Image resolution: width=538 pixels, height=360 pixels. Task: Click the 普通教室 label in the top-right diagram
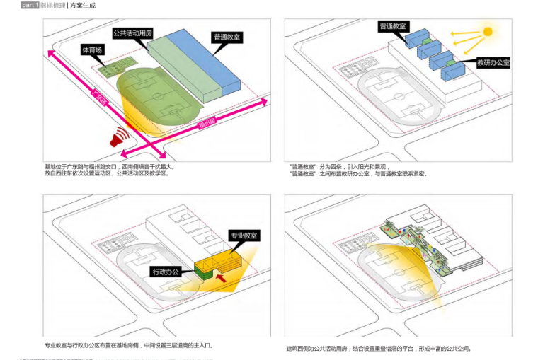click(393, 26)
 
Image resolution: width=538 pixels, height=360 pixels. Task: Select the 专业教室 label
click(244, 235)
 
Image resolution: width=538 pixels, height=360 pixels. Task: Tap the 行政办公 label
click(165, 271)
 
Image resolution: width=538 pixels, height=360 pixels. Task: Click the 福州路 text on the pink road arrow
click(207, 125)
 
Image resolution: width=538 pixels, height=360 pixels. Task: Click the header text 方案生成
click(83, 6)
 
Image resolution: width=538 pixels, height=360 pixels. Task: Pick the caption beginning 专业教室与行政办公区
click(128, 346)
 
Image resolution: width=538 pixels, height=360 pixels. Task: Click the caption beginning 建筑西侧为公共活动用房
click(379, 348)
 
